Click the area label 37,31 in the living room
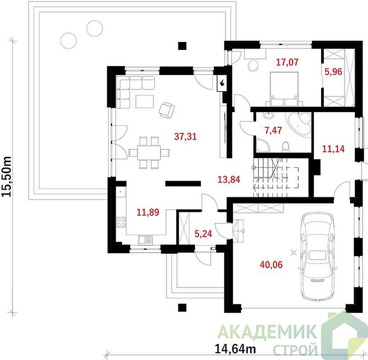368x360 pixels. (186, 136)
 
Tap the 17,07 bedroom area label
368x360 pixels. (287, 62)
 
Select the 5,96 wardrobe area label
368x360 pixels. (333, 72)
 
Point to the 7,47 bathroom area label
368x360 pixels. (273, 130)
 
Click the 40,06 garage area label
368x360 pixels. (271, 265)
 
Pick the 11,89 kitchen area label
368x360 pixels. (148, 212)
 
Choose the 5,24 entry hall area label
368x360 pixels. (203, 234)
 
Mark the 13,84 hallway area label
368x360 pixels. (229, 180)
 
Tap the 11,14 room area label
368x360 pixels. (333, 148)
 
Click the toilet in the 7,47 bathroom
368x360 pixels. (286, 146)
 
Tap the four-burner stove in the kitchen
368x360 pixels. (121, 222)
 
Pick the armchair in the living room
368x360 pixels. (167, 110)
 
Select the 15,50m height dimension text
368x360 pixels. (6, 176)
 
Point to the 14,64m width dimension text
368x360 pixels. (236, 349)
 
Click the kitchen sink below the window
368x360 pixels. (145, 240)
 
